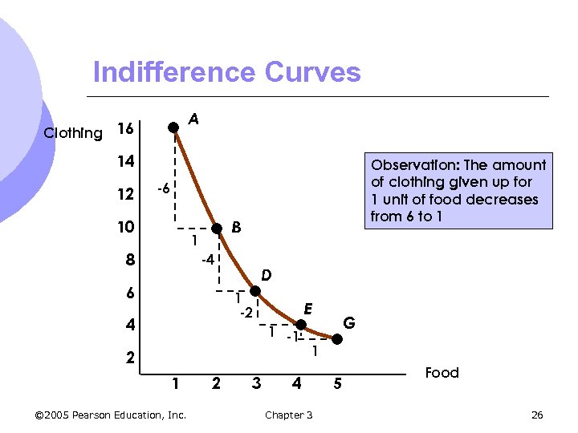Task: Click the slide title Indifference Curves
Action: pyautogui.click(x=226, y=73)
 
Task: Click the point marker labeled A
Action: pyautogui.click(x=173, y=127)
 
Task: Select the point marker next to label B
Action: pyautogui.click(x=217, y=229)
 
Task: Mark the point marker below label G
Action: pyautogui.click(x=338, y=339)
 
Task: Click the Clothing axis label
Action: pyautogui.click(x=73, y=133)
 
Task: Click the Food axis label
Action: pyautogui.click(x=442, y=373)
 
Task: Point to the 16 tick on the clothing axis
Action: pyautogui.click(x=126, y=129)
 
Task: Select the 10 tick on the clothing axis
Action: pyautogui.click(x=126, y=228)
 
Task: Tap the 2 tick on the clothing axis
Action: pyautogui.click(x=130, y=357)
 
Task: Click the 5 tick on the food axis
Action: pyautogui.click(x=338, y=384)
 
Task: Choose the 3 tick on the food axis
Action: pyautogui.click(x=256, y=384)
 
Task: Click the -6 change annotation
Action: pyautogui.click(x=161, y=189)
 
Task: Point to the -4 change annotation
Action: pyautogui.click(x=206, y=260)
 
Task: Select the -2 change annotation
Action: pyautogui.click(x=246, y=312)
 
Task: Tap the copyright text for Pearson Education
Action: pyautogui.click(x=111, y=415)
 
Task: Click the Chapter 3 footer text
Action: pyautogui.click(x=288, y=415)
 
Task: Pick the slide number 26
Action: pyautogui.click(x=537, y=415)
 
